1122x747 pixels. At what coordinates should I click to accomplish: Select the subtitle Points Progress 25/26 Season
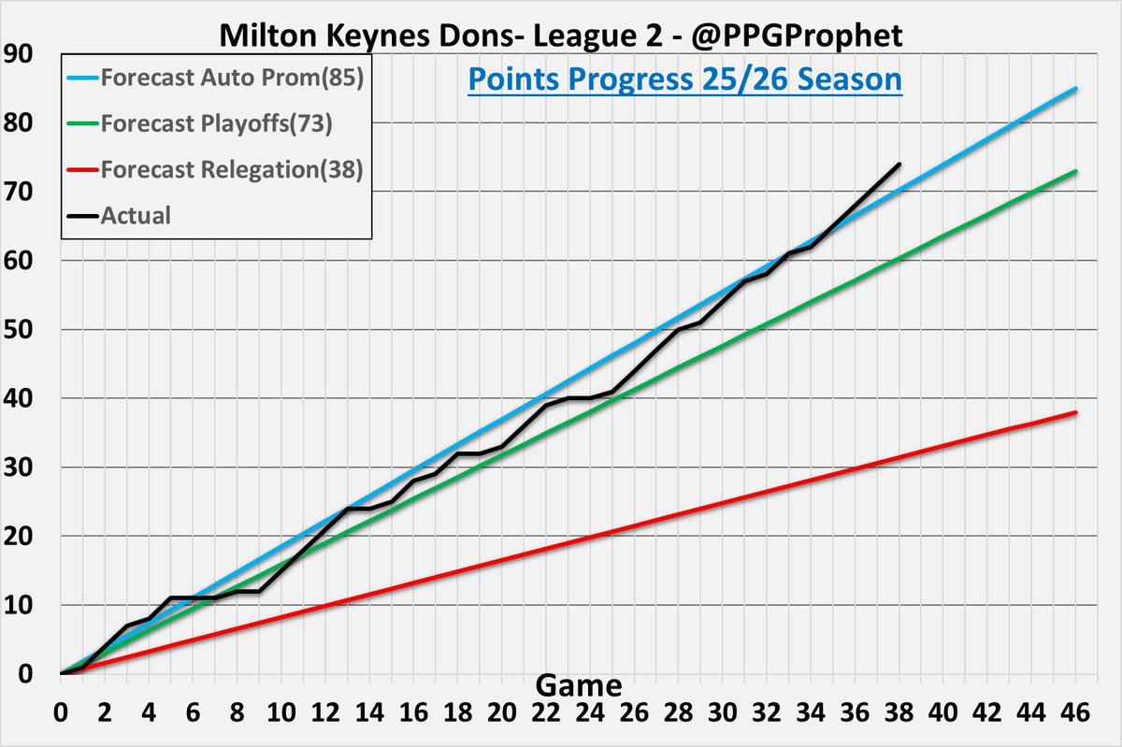(x=684, y=79)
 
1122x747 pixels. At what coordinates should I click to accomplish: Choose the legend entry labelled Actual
(x=135, y=216)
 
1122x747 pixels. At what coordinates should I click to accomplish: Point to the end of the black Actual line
(x=899, y=164)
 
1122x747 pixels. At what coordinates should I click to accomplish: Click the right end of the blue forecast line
(x=1076, y=89)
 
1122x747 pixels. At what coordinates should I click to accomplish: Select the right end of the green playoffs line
(x=1076, y=171)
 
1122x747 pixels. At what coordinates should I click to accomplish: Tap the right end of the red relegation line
(x=1076, y=412)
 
